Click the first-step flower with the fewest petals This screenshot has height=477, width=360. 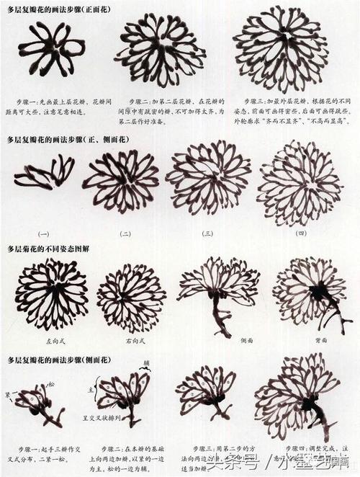(x=51, y=48)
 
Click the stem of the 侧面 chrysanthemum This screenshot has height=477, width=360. (x=218, y=317)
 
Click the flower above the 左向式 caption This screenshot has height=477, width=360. (x=51, y=293)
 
